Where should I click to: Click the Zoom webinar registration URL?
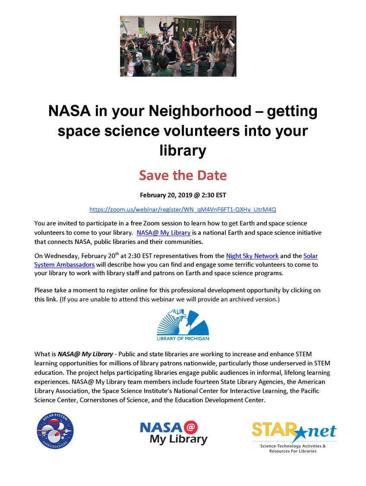(x=183, y=209)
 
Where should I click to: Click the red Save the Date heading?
(x=183, y=175)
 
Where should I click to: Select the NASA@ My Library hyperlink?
(x=164, y=233)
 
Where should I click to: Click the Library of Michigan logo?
(x=183, y=326)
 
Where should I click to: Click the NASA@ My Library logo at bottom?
(x=174, y=433)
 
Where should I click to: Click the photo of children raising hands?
(x=178, y=46)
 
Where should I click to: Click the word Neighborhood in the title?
(x=199, y=111)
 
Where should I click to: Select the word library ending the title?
(x=183, y=150)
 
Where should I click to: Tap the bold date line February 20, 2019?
(x=183, y=195)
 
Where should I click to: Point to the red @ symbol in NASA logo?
(x=190, y=427)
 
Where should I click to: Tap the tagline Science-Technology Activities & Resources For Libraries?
(x=293, y=449)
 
